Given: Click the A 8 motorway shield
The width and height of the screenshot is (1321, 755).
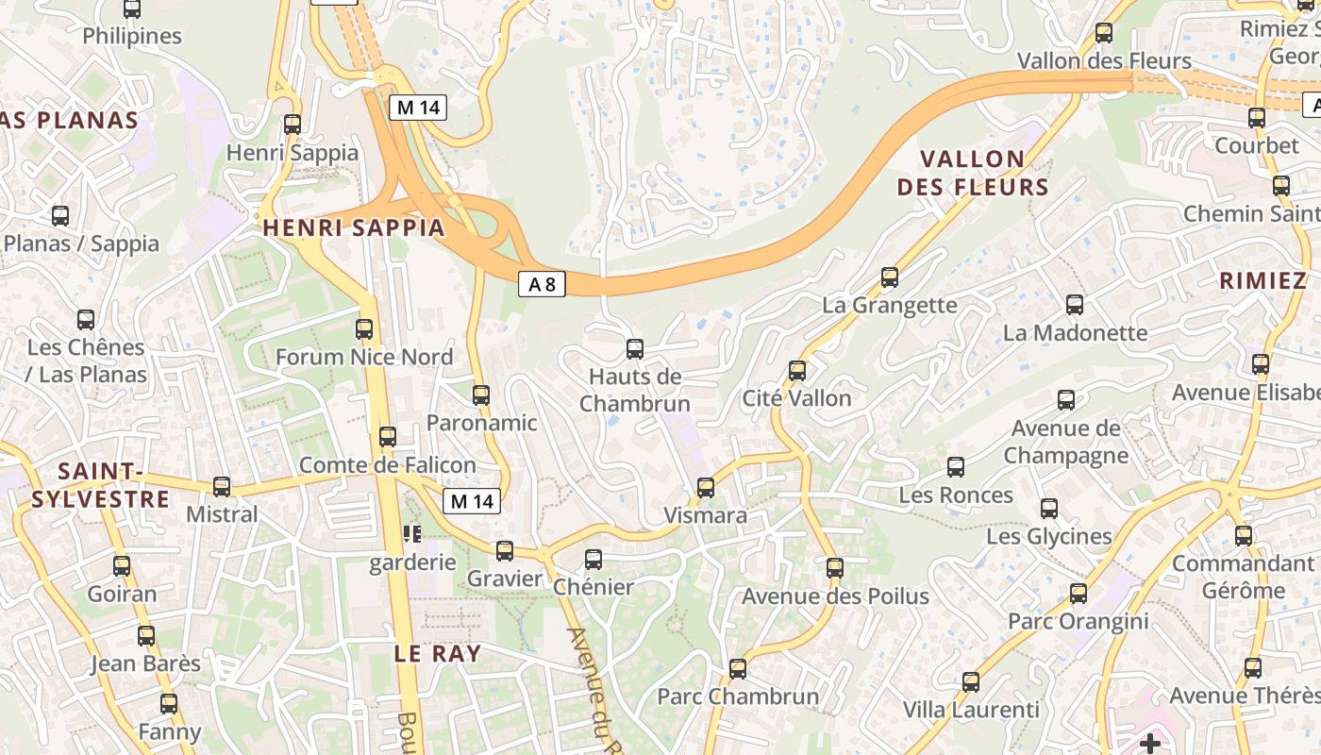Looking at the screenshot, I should pyautogui.click(x=542, y=284).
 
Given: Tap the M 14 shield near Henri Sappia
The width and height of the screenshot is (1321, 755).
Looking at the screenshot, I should pyautogui.click(x=418, y=108).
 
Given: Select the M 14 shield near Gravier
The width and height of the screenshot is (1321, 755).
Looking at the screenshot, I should pyautogui.click(x=472, y=501).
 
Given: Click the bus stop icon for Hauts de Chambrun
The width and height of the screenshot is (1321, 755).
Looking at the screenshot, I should pyautogui.click(x=635, y=349).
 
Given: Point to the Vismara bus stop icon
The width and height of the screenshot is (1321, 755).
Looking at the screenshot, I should pyautogui.click(x=705, y=488).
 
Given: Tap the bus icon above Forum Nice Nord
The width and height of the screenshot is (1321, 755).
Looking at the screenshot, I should pyautogui.click(x=364, y=329).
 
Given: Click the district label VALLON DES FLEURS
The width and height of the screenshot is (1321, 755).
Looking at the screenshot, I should pyautogui.click(x=973, y=173).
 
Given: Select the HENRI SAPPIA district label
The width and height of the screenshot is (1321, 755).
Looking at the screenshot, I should pyautogui.click(x=354, y=227).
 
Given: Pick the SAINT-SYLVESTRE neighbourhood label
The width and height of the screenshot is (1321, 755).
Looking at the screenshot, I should pyautogui.click(x=100, y=485).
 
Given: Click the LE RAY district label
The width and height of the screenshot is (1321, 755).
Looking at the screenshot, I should pyautogui.click(x=438, y=654).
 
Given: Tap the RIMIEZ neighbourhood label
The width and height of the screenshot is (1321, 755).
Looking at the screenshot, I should pyautogui.click(x=1262, y=280).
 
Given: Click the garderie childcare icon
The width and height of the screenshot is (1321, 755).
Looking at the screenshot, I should pyautogui.click(x=412, y=535).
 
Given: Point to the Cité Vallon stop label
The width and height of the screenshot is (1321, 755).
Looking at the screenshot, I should pyautogui.click(x=796, y=398).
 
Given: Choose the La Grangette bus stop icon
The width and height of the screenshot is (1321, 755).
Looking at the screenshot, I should pyautogui.click(x=890, y=277).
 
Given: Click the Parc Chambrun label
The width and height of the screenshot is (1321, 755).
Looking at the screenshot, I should pyautogui.click(x=738, y=696).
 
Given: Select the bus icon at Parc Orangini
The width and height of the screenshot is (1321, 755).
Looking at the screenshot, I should pyautogui.click(x=1079, y=594).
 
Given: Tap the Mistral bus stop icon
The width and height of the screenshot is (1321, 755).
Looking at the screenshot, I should pyautogui.click(x=222, y=487).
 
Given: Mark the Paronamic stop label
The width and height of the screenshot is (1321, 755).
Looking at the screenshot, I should pyautogui.click(x=481, y=423).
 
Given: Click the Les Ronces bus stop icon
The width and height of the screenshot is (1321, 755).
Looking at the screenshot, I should pyautogui.click(x=956, y=467).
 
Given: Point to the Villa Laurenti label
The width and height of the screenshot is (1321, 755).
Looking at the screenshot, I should pyautogui.click(x=971, y=710).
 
